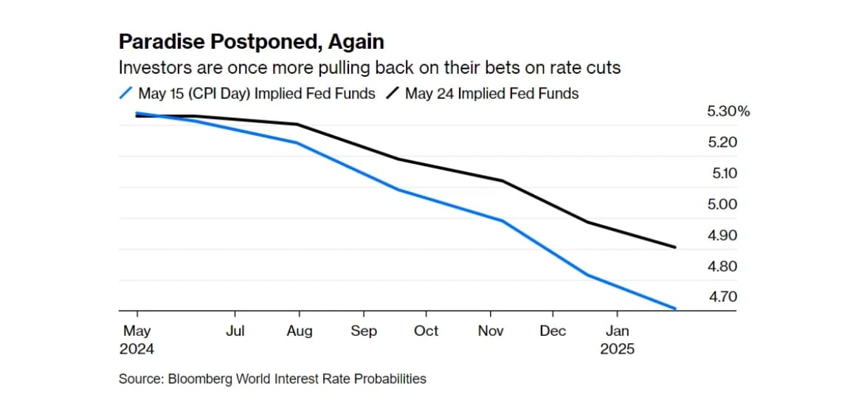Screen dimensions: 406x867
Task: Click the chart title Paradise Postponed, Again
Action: pyautogui.click(x=252, y=41)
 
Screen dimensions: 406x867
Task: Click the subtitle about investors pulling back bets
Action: pyautogui.click(x=370, y=68)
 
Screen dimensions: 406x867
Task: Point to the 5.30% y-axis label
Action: pyautogui.click(x=728, y=111)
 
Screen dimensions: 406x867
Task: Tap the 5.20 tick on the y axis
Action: pyautogui.click(x=722, y=142)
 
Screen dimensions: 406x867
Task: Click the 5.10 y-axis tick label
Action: pyautogui.click(x=722, y=173)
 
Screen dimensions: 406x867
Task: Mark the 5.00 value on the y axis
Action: pyautogui.click(x=722, y=204)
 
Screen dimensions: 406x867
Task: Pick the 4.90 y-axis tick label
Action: pyautogui.click(x=722, y=235)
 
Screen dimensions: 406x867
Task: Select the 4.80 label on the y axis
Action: pyautogui.click(x=722, y=266)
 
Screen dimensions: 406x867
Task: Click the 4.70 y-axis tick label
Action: pyautogui.click(x=722, y=297)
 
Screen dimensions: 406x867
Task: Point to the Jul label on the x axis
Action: pyautogui.click(x=235, y=331)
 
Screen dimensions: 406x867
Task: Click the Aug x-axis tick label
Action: pyautogui.click(x=299, y=331)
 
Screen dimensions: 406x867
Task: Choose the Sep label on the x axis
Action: pyautogui.click(x=363, y=331)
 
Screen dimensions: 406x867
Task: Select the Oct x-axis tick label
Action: pyautogui.click(x=426, y=331)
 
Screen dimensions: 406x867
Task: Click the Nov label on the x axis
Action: pyautogui.click(x=491, y=331)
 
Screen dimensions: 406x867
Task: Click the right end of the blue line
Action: pyautogui.click(x=675, y=308)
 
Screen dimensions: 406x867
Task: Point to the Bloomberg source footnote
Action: pyautogui.click(x=272, y=379)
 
